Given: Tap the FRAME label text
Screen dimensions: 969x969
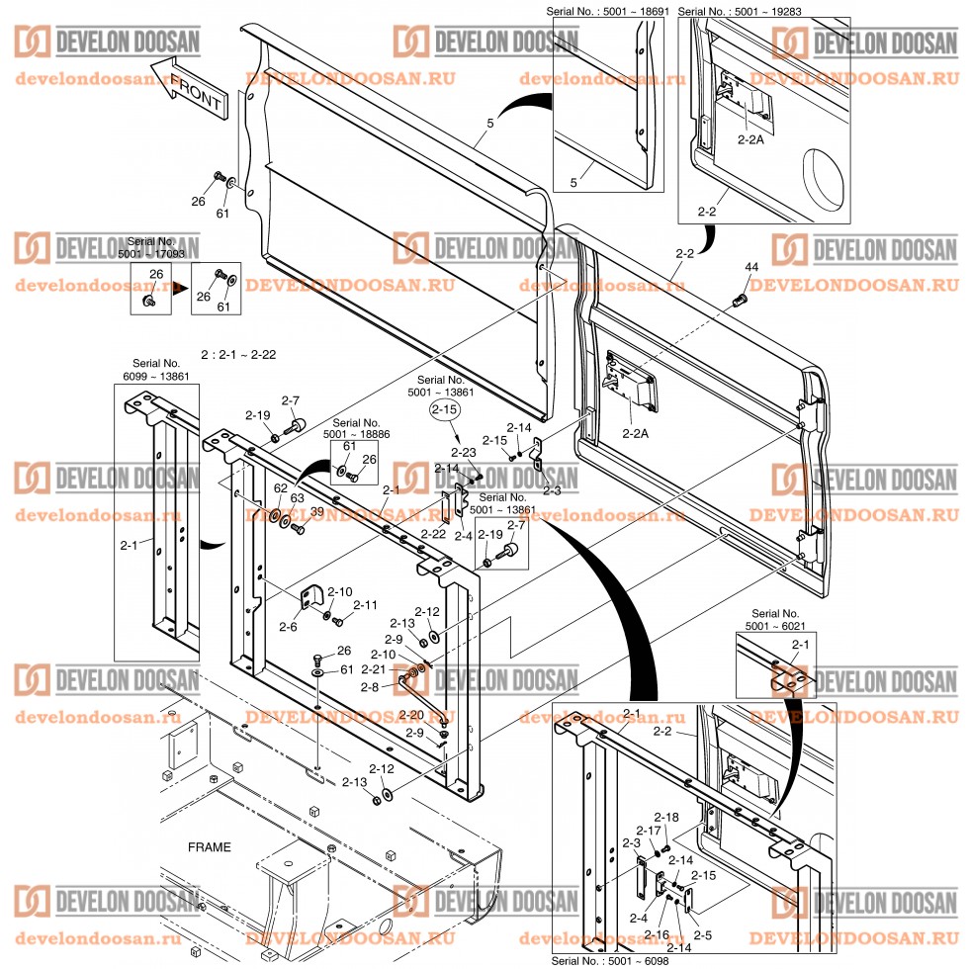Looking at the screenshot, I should (210, 847).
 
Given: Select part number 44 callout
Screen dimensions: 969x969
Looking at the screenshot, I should (751, 268).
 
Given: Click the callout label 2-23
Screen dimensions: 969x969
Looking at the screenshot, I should (464, 452).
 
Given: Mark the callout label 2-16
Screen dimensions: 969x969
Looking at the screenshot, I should (657, 934).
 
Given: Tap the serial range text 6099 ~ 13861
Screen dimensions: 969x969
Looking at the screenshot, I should (158, 377).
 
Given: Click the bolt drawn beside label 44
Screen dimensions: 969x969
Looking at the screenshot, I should (737, 298).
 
